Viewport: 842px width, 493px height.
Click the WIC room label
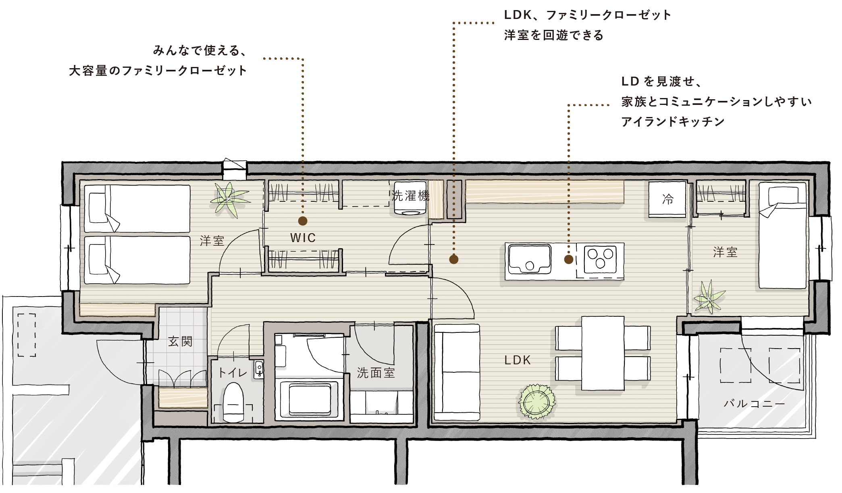(303, 238)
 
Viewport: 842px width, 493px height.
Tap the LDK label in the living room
(518, 360)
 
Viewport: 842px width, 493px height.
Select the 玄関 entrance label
(180, 342)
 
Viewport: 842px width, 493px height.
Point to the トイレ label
(233, 372)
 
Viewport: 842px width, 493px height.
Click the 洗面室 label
(376, 373)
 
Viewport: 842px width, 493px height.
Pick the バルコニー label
(754, 403)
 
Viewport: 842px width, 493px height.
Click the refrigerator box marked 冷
(667, 199)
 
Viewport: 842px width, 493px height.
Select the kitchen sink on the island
(529, 259)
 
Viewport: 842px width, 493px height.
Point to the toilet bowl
(233, 402)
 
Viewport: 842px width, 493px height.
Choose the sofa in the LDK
(457, 372)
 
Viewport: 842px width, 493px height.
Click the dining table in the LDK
(603, 353)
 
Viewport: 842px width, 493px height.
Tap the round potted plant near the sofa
(536, 401)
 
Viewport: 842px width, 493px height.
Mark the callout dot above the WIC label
(303, 221)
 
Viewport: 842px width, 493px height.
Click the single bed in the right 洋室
(783, 236)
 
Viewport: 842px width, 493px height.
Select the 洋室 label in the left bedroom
(212, 241)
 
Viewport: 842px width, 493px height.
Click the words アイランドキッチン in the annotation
(673, 121)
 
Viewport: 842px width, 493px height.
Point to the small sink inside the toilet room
(259, 369)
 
